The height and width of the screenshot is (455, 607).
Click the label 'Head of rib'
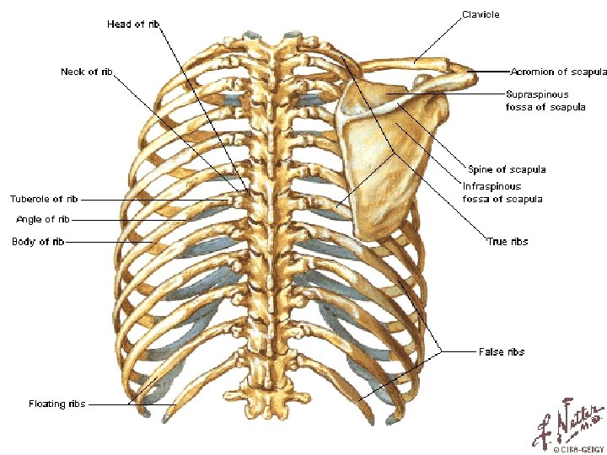tap(133, 24)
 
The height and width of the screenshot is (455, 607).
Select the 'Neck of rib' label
tap(87, 72)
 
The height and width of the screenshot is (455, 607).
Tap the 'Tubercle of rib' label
tap(44, 200)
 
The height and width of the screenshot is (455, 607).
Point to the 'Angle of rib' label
tap(43, 220)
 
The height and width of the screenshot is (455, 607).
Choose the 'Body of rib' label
tap(38, 242)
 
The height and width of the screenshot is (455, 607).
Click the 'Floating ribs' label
tap(56, 404)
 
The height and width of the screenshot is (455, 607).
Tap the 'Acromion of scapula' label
tap(558, 72)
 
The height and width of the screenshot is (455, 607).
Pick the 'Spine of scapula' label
tap(506, 169)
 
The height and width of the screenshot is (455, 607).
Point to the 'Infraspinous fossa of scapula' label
tap(502, 192)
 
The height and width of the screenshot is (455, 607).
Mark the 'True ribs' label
tap(508, 242)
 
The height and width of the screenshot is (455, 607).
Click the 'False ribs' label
tap(501, 351)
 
